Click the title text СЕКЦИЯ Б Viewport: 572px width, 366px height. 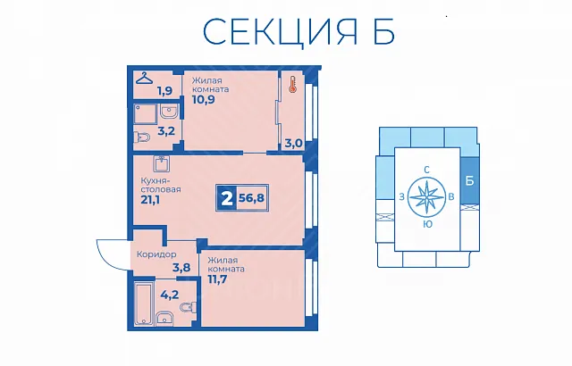(x=299, y=31)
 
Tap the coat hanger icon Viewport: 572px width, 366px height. (x=145, y=78)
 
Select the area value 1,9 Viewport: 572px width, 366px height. (x=164, y=90)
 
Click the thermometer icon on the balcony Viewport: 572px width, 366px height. (x=292, y=84)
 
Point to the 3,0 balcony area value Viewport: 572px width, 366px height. (x=293, y=143)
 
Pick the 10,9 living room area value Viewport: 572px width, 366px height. (x=203, y=99)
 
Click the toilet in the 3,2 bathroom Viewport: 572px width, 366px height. (x=142, y=137)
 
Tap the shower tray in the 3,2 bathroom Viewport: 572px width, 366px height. (x=145, y=114)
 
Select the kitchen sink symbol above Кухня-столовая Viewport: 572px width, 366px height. (x=161, y=164)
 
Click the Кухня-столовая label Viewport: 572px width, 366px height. (x=161, y=185)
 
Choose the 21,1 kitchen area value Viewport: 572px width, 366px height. (x=150, y=200)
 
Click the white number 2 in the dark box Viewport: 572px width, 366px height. (x=226, y=198)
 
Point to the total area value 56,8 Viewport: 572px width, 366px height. (x=251, y=198)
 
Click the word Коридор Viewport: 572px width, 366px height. (x=156, y=254)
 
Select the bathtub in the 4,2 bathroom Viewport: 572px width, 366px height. (x=144, y=303)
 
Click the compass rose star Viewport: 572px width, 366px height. (x=426, y=197)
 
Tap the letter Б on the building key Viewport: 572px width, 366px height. (x=470, y=180)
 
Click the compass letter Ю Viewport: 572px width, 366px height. (x=427, y=224)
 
